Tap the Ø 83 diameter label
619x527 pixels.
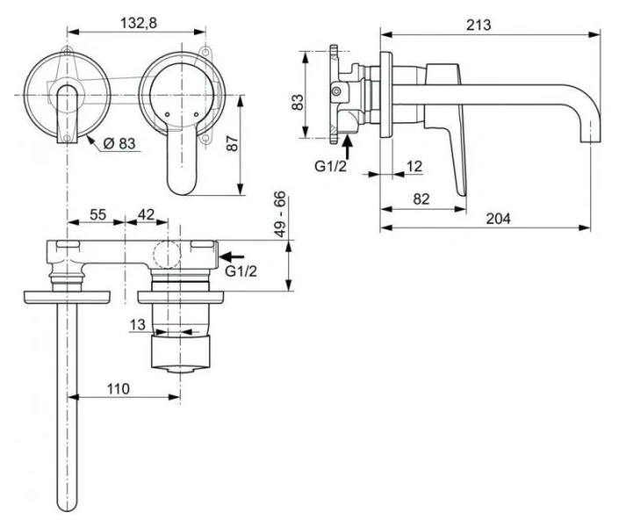point(119,144)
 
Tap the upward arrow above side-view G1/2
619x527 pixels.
point(348,141)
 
